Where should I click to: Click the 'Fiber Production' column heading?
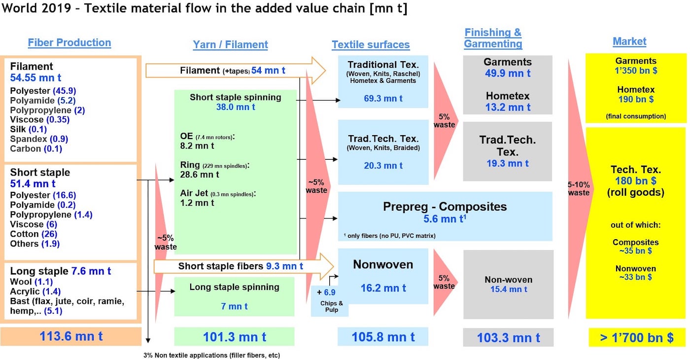pyautogui.click(x=69, y=42)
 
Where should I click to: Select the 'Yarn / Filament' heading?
pyautogui.click(x=231, y=44)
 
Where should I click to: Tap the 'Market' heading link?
pyautogui.click(x=629, y=41)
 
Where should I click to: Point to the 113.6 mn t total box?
pyautogui.click(x=71, y=336)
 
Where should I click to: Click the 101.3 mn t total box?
pyautogui.click(x=234, y=336)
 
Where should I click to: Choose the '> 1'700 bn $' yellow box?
pyautogui.click(x=637, y=337)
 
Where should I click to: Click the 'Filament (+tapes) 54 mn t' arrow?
pyautogui.click(x=236, y=71)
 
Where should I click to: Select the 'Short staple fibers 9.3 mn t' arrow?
pyautogui.click(x=243, y=266)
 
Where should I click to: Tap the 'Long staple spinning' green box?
pyautogui.click(x=234, y=296)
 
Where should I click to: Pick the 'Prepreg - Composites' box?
pyautogui.click(x=445, y=216)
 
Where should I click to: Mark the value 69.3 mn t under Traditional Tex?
pyautogui.click(x=383, y=99)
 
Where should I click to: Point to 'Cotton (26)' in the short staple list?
pyautogui.click(x=34, y=234)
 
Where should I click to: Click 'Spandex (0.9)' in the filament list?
pyautogui.click(x=39, y=139)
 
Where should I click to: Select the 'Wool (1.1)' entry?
pyautogui.click(x=31, y=282)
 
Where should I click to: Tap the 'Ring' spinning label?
pyautogui.click(x=190, y=165)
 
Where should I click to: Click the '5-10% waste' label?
pyautogui.click(x=579, y=188)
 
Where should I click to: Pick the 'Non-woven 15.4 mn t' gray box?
pyautogui.click(x=508, y=284)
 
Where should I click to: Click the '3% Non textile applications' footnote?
pyautogui.click(x=211, y=356)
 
